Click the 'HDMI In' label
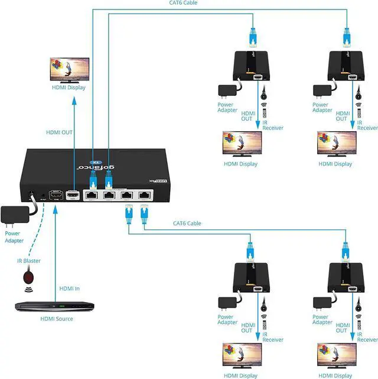69,289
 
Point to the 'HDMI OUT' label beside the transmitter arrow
59,132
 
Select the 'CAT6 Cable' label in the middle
187,223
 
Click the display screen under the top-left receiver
240,144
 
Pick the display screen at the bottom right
337,355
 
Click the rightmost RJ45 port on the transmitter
144,195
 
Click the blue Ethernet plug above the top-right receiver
347,37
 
